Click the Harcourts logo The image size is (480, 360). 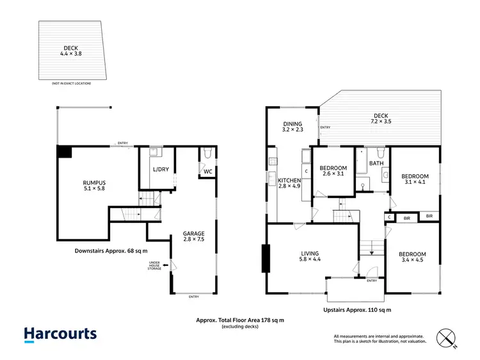60,334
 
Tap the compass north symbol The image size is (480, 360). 445,338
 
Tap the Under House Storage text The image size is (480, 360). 154,265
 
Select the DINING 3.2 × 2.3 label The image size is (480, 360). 292,127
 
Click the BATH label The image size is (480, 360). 376,163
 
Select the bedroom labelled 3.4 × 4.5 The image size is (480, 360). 412,258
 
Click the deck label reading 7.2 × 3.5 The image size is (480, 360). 382,118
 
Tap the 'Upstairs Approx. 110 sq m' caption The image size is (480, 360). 356,309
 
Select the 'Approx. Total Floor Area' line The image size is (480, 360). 239,320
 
